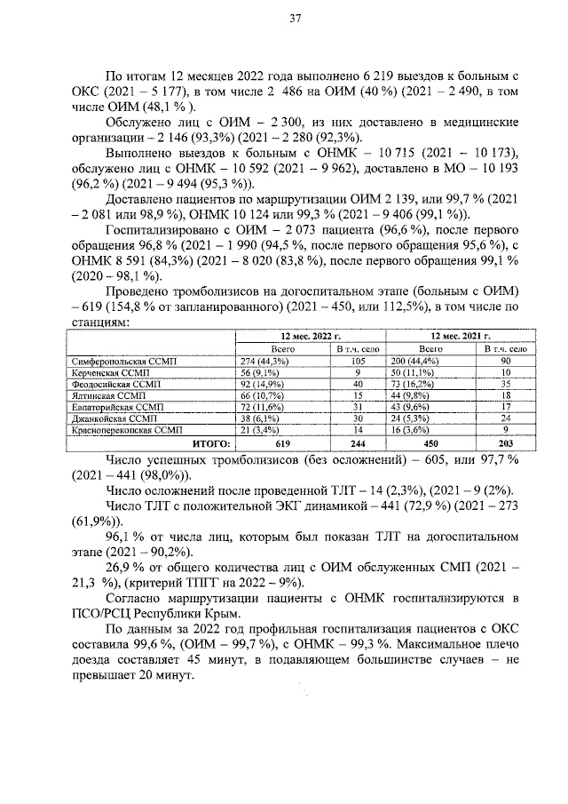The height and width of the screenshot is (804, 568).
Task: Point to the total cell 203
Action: [504, 442]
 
